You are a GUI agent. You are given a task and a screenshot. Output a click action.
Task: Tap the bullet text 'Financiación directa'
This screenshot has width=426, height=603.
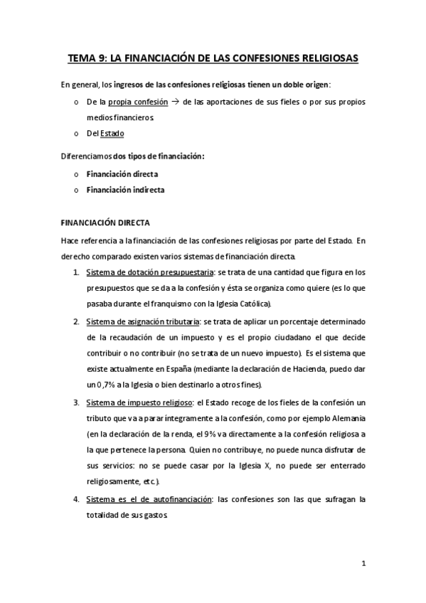tap(122, 174)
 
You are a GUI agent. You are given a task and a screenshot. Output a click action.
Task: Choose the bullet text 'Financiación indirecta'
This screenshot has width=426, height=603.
tap(125, 190)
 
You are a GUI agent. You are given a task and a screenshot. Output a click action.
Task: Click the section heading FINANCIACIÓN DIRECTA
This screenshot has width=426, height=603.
tap(105, 222)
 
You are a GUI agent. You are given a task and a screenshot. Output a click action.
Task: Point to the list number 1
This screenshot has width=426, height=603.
tap(76, 272)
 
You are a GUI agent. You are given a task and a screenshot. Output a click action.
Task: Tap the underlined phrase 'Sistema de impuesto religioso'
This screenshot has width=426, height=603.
tap(134, 402)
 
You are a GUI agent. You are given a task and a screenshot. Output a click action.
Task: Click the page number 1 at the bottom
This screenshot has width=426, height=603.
tap(363, 565)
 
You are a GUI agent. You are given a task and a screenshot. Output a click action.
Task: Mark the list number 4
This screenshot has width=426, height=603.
tap(76, 499)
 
